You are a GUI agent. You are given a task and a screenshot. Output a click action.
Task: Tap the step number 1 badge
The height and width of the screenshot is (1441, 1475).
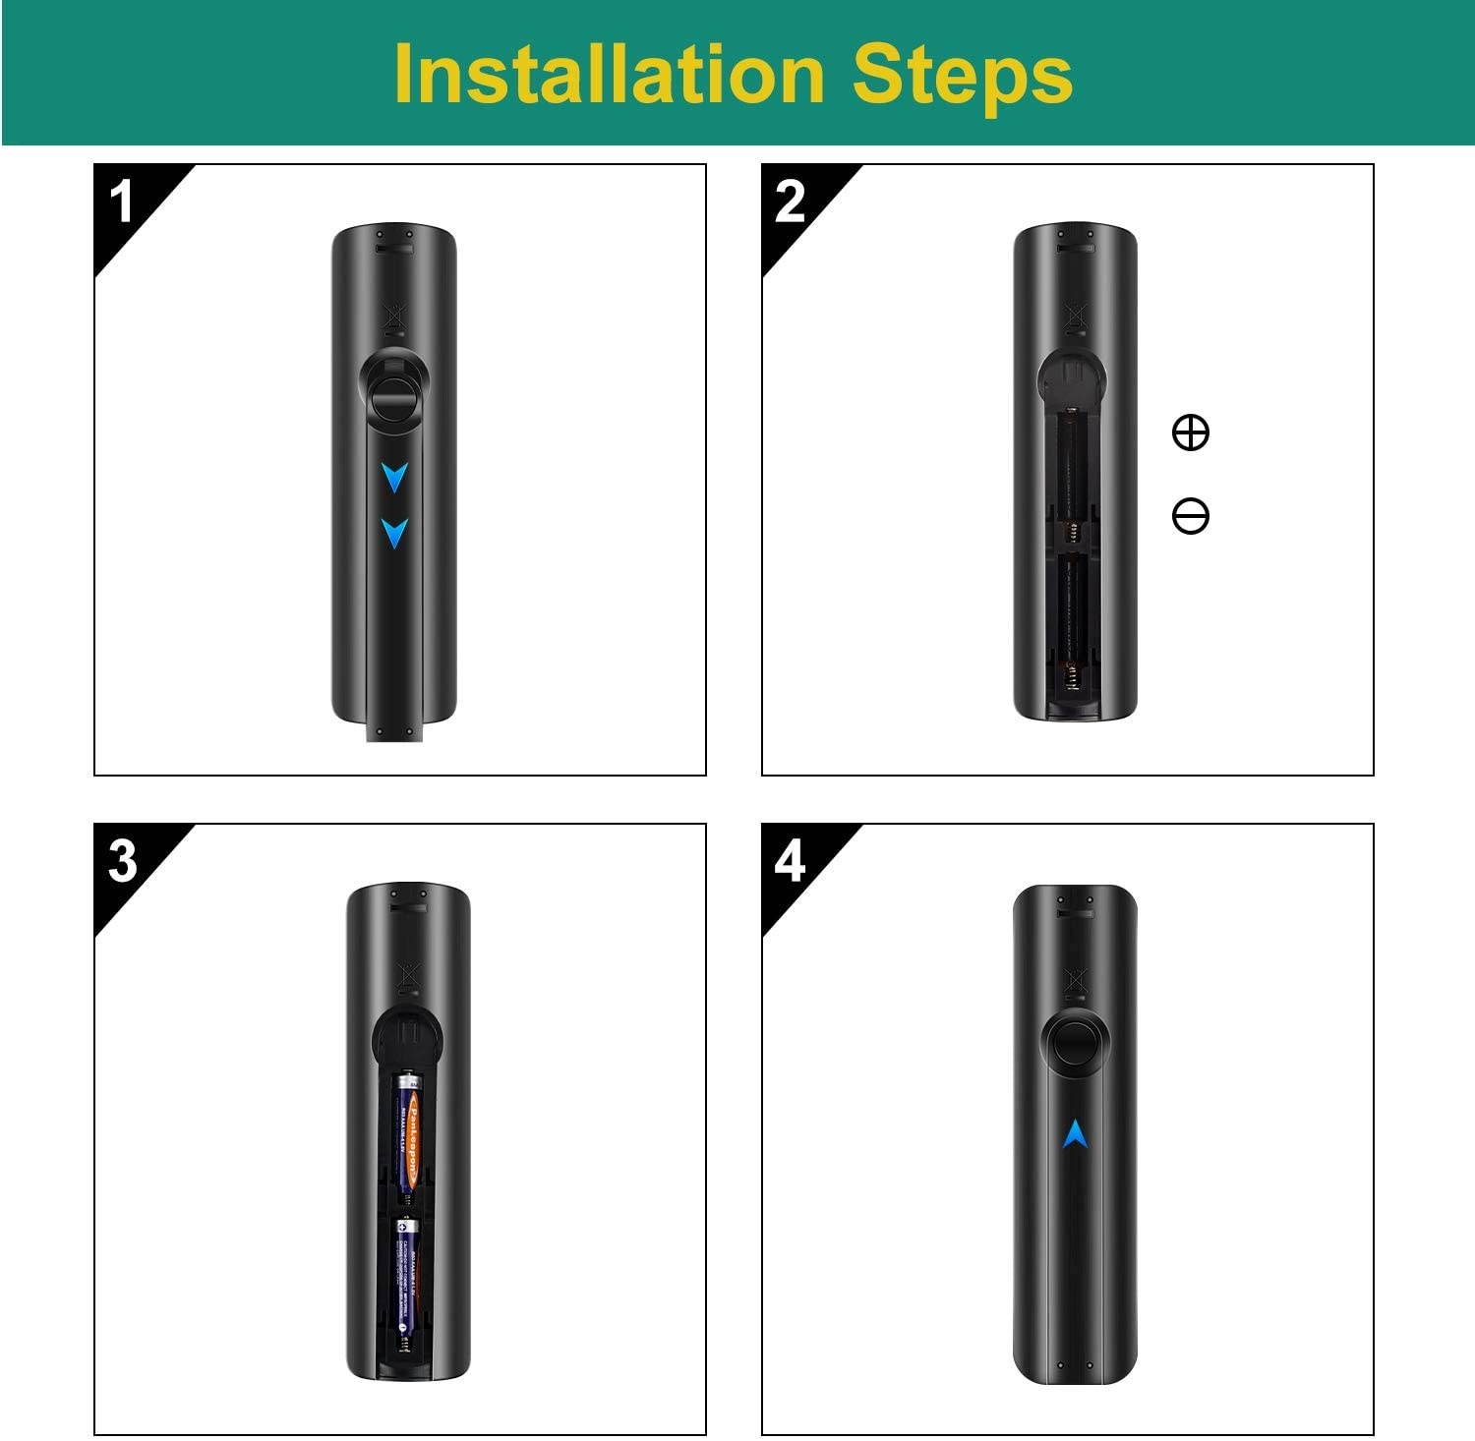122,202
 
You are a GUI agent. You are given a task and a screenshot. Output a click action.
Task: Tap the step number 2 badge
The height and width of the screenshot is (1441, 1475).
790,202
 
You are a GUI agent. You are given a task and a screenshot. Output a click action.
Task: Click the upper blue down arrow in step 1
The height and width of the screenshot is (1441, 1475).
394,478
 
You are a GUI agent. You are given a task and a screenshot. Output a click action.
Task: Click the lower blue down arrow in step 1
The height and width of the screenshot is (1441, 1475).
394,533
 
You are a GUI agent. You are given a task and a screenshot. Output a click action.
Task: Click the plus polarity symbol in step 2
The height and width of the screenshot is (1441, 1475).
1191,432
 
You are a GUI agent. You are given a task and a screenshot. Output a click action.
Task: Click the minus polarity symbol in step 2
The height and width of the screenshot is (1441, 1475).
1191,516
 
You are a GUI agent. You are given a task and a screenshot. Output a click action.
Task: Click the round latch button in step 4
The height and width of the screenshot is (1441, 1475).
1075,1050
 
